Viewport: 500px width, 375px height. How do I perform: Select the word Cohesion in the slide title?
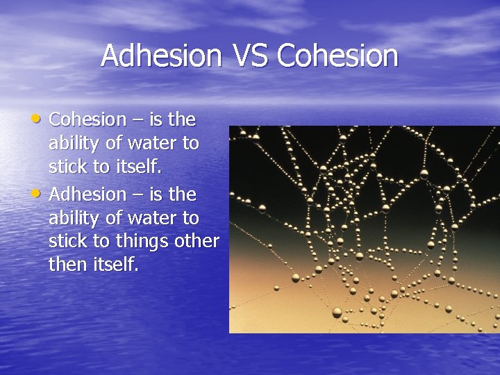coord(338,56)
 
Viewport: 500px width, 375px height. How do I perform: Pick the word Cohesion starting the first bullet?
coord(87,119)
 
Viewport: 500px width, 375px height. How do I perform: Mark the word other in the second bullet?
coord(199,241)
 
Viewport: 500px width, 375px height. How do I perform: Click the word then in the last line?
coord(67,265)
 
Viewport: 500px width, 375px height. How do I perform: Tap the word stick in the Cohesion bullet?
coord(66,167)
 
